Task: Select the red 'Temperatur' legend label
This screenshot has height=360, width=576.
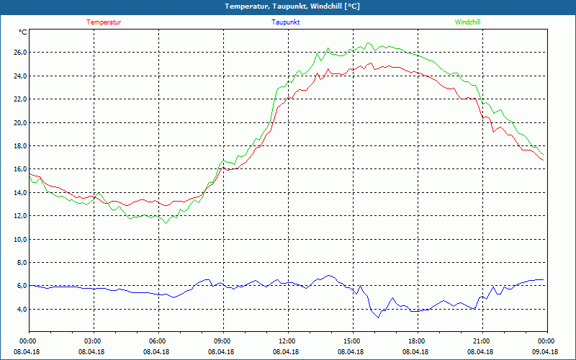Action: [x=104, y=22]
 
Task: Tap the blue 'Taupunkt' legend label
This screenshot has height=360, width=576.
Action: [x=286, y=22]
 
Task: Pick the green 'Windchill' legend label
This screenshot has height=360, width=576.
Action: [x=467, y=22]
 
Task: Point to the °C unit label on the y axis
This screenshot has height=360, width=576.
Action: [x=23, y=32]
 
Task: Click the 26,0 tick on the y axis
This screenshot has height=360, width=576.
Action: [x=19, y=53]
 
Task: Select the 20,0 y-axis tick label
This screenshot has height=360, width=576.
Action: [x=19, y=122]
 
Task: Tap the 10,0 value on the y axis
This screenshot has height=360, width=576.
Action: [x=19, y=239]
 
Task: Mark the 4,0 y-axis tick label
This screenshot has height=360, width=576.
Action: [x=21, y=310]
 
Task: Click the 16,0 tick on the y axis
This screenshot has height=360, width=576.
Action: [x=19, y=169]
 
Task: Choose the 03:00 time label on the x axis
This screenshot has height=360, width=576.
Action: [x=93, y=341]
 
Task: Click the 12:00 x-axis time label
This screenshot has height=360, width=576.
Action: [x=287, y=341]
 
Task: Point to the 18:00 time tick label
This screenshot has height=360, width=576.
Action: [x=416, y=341]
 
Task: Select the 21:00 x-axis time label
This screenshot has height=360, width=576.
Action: [x=481, y=341]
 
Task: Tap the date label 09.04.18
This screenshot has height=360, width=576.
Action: [x=546, y=351]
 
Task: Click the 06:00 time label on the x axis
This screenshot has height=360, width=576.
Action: [x=158, y=341]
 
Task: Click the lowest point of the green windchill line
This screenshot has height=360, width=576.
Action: [x=166, y=223]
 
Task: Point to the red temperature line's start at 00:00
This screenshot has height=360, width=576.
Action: [x=30, y=174]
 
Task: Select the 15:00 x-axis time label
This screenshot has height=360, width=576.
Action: [x=351, y=341]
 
